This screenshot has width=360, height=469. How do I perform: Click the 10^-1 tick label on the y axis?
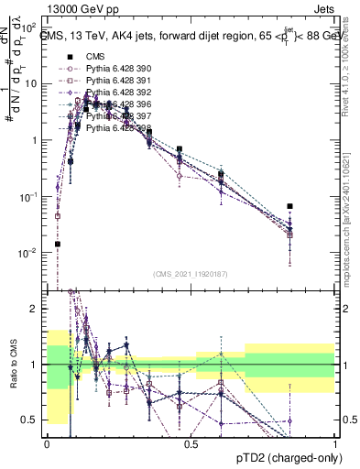click(x=29, y=196)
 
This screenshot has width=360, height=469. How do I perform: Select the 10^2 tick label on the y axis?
click(x=31, y=27)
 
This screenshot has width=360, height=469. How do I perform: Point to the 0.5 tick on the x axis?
click(x=191, y=442)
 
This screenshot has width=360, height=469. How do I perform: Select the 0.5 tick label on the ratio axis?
click(x=31, y=420)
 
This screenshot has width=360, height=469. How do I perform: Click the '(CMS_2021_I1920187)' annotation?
click(x=191, y=274)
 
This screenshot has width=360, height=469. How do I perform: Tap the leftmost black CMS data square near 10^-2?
click(x=58, y=244)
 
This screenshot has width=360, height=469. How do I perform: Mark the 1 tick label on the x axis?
click(x=334, y=442)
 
